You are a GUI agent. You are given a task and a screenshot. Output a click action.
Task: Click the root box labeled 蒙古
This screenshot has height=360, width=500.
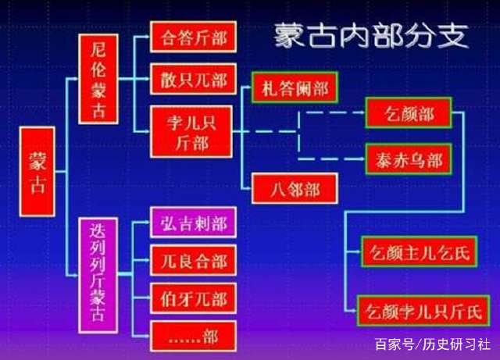(x=37, y=171)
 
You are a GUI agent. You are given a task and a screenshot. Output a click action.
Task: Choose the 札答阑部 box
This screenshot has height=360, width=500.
(x=294, y=88)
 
